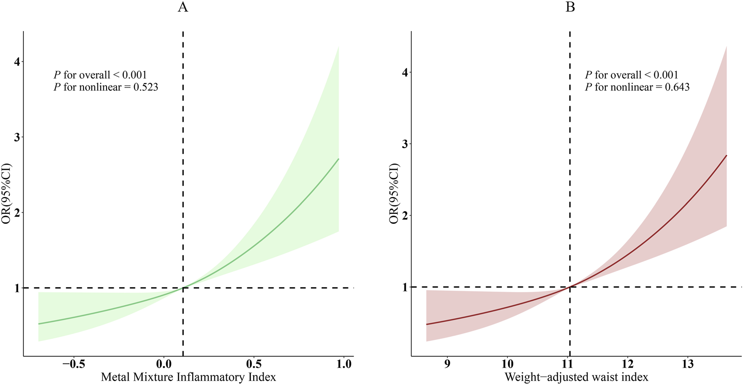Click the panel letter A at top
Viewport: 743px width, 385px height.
click(183, 8)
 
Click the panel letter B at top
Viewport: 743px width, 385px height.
click(570, 8)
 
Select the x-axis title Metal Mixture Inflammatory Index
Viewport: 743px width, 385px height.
click(188, 377)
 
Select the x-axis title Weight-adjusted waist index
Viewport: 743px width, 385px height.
click(576, 377)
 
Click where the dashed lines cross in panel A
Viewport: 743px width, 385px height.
click(183, 288)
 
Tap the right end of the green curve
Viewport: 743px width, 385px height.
click(339, 159)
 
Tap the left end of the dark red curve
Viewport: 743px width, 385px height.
click(427, 324)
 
